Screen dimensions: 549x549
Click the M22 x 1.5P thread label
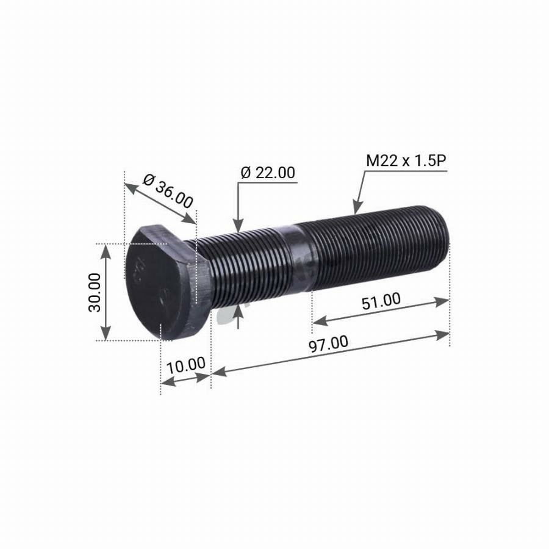pos(406,161)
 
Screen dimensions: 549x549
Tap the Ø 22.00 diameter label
pos(268,173)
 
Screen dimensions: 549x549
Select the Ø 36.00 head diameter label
pos(167,191)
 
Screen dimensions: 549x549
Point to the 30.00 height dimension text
pos(95,292)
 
